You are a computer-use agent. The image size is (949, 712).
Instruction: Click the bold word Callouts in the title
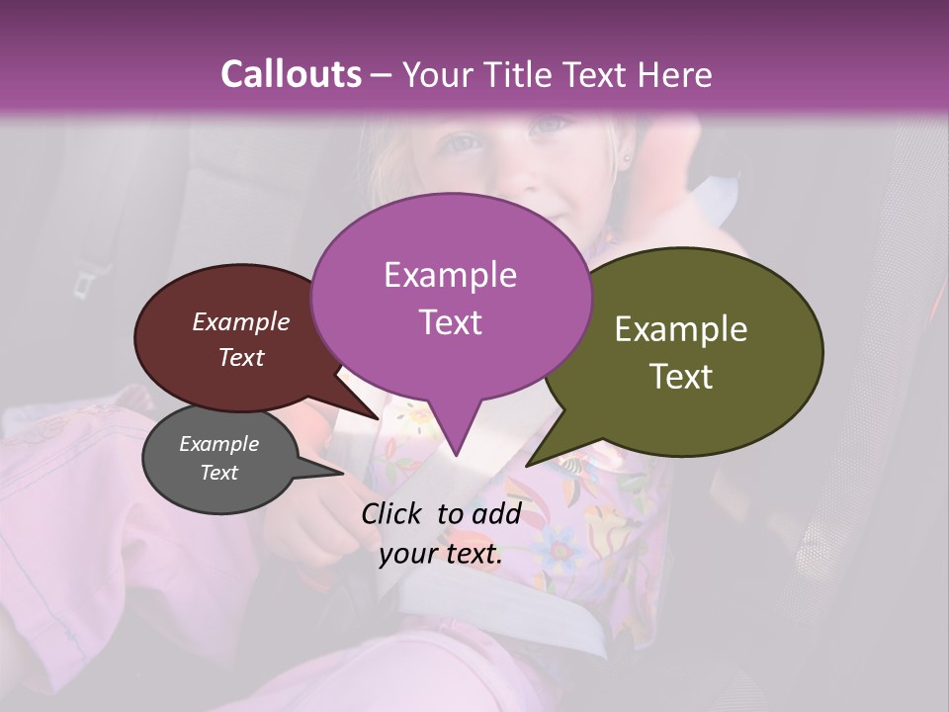click(291, 74)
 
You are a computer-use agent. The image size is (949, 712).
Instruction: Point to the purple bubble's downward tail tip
click(456, 455)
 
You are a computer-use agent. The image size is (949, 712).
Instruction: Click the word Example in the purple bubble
click(450, 275)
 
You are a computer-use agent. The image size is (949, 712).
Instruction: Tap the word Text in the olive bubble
click(681, 377)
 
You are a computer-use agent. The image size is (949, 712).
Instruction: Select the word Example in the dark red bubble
click(240, 321)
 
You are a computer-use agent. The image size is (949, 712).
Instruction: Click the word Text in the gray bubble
click(218, 473)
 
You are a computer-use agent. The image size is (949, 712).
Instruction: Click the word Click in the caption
click(394, 512)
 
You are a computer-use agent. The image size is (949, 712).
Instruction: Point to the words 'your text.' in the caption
click(441, 555)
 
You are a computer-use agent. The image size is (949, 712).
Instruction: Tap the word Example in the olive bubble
click(681, 329)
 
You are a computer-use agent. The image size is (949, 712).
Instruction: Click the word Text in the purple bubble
click(450, 322)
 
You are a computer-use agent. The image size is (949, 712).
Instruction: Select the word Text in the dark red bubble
click(240, 358)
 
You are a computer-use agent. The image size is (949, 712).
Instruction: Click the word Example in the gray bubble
click(218, 444)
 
